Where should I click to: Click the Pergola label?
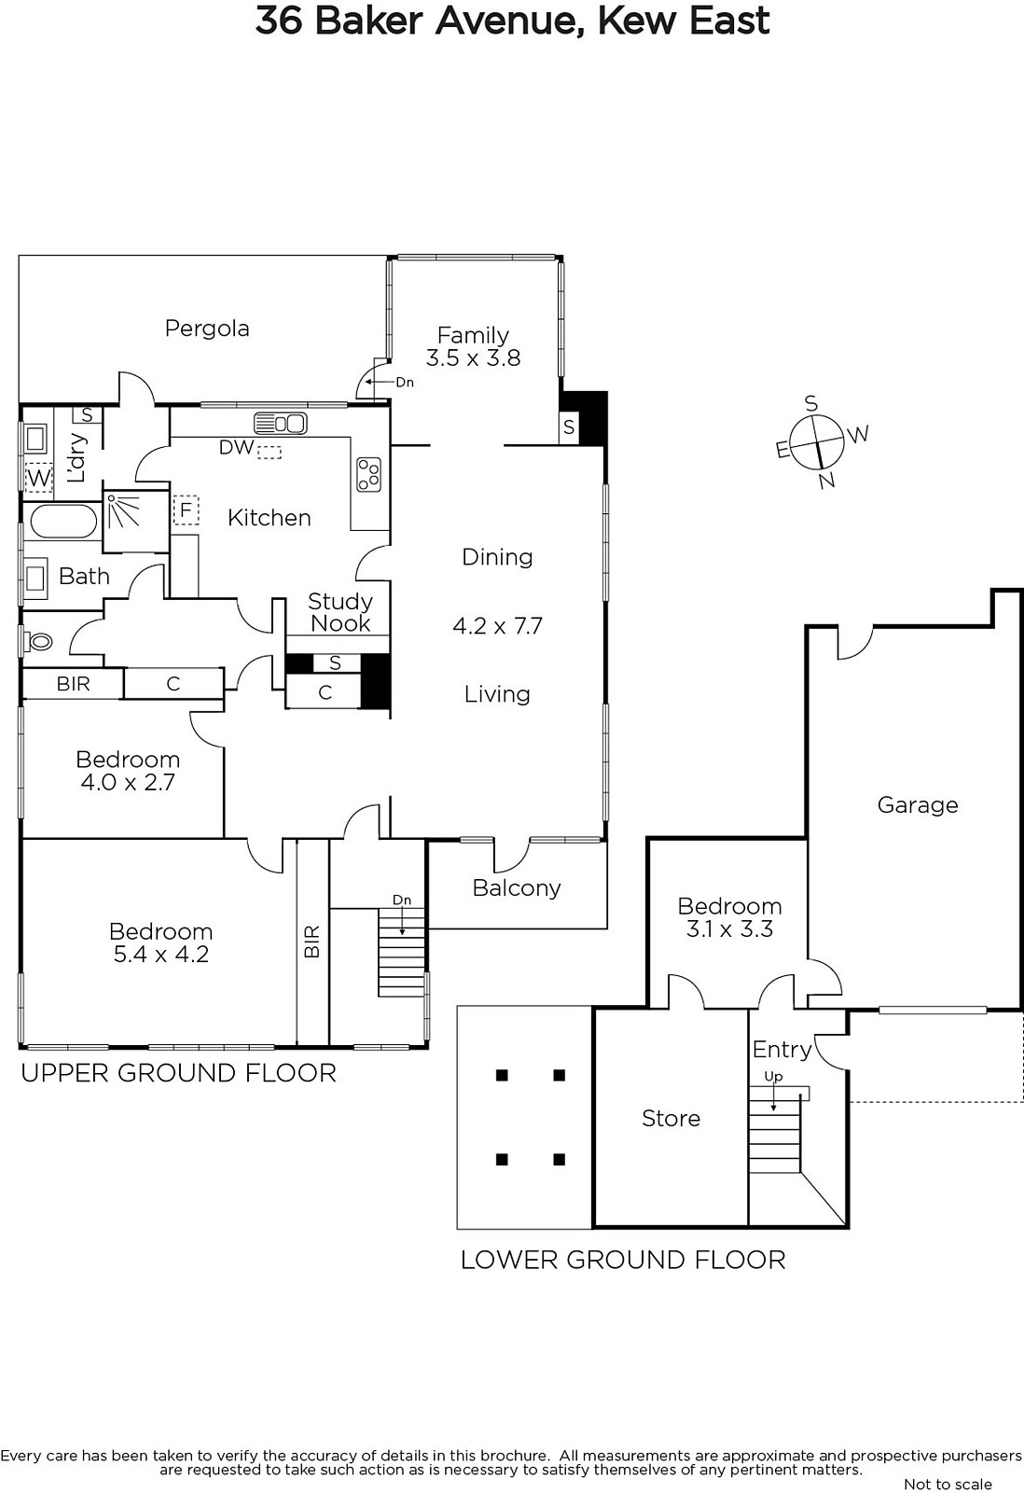(207, 328)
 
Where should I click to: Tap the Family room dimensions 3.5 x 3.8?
(473, 358)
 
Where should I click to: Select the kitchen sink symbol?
(280, 424)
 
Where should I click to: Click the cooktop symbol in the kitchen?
(368, 474)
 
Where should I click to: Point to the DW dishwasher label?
(237, 447)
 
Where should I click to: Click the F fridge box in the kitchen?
(186, 510)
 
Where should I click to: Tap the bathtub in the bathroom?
(63, 522)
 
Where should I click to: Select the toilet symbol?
(38, 642)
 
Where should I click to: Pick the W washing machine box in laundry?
(38, 478)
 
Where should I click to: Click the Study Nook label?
(339, 612)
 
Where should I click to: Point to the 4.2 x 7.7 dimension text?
(498, 626)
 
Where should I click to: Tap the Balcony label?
(517, 888)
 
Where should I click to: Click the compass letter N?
(827, 480)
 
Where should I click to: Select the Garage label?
(918, 806)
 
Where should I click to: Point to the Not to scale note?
(948, 1485)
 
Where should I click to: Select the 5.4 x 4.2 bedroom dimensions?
(161, 955)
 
